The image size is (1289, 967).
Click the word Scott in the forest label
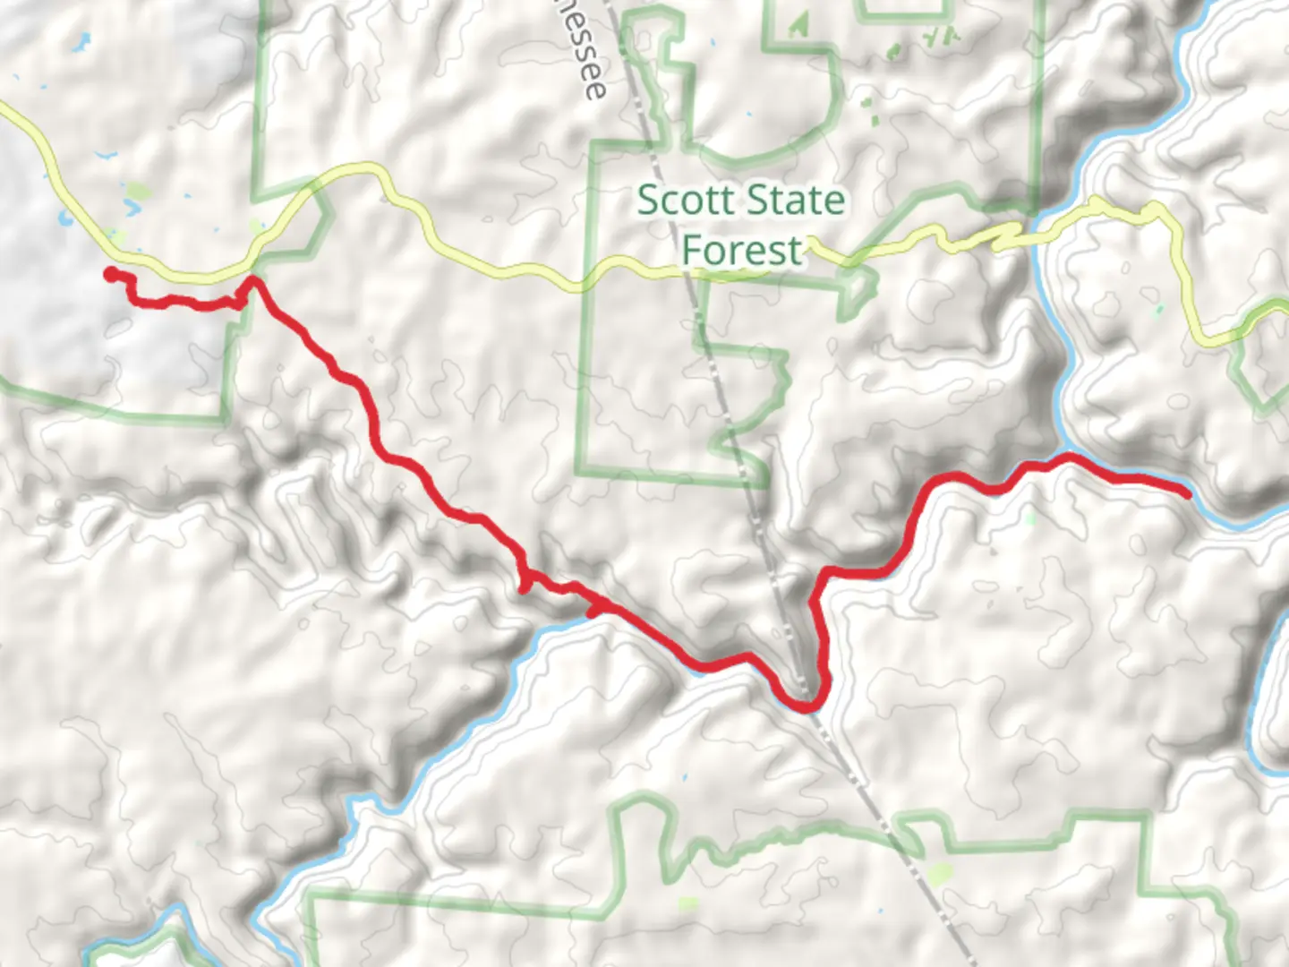click(x=687, y=201)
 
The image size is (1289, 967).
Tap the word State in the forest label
click(x=793, y=201)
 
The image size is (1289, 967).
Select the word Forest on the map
click(x=742, y=250)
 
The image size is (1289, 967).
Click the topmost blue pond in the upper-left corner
click(x=84, y=39)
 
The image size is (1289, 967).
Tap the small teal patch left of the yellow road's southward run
click(x=1159, y=310)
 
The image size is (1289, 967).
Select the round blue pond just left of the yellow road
click(x=64, y=218)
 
